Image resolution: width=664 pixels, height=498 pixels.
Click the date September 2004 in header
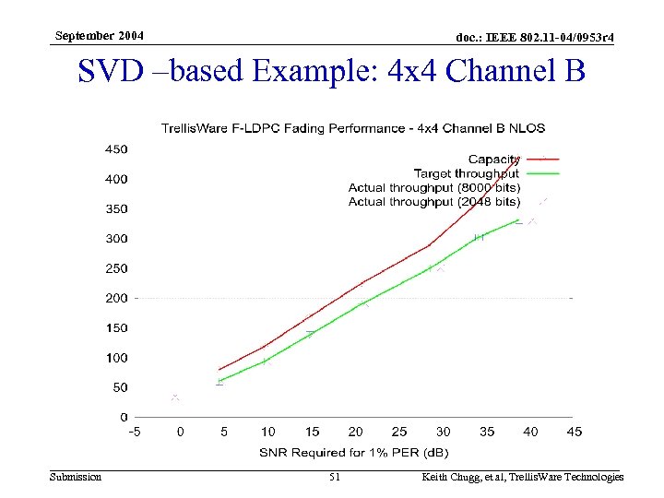99,36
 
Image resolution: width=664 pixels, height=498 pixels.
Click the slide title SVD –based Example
332,71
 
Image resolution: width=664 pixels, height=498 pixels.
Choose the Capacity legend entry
493,160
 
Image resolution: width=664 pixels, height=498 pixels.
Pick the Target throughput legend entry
466,173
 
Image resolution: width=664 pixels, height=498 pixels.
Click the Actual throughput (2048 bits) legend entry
433,201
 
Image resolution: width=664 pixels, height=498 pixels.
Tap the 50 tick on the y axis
119,387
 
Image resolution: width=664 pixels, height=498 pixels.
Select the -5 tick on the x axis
135,431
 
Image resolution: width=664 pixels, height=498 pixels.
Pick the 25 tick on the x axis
399,431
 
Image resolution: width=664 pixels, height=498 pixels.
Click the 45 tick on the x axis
575,431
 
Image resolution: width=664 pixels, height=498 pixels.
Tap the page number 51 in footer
335,477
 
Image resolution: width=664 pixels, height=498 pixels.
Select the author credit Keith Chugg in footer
522,477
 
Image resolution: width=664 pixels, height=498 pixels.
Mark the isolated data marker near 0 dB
175,397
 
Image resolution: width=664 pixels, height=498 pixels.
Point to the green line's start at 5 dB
219,381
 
